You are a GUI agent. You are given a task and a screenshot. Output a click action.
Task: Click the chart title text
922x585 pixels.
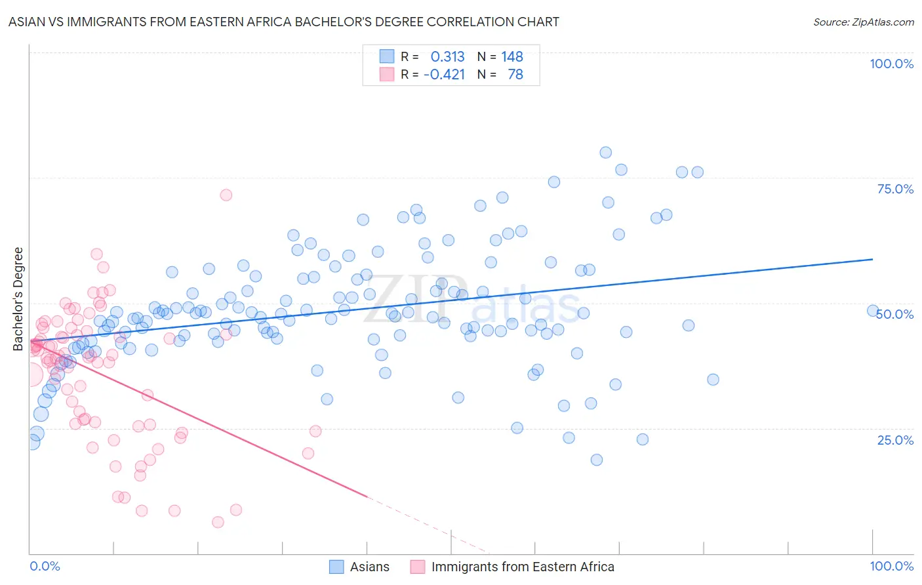point(283,22)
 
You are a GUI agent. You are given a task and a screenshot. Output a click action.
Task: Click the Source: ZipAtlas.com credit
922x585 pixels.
point(863,22)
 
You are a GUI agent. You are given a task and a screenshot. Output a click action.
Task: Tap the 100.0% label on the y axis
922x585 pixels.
point(891,64)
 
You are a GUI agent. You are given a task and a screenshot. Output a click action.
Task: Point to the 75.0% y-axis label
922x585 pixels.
point(895,189)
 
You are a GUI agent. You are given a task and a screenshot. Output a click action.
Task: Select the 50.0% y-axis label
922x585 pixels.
point(895,314)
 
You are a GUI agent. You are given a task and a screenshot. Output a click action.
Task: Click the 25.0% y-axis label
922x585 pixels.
point(895,440)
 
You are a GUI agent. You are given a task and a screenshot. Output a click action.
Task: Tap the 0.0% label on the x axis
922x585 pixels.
point(45,566)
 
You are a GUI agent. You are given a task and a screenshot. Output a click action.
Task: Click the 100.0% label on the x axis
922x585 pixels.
point(891,566)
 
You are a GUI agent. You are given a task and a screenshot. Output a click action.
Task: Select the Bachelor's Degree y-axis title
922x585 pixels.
point(18,299)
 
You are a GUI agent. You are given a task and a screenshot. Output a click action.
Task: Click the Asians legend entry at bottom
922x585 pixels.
point(369,567)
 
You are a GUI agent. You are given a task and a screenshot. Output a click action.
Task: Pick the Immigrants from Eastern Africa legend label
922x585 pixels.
point(523,567)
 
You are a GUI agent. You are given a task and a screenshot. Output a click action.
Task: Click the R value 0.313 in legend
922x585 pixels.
point(447,56)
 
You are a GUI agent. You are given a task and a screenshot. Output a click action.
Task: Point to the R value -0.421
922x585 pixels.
point(444,74)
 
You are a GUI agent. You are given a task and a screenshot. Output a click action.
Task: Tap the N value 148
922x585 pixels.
point(512,56)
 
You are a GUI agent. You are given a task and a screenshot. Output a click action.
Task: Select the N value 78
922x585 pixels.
point(515,74)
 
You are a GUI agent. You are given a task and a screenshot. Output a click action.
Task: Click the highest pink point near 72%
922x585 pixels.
point(226,195)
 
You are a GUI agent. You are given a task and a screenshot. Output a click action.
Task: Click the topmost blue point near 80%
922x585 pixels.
point(605,153)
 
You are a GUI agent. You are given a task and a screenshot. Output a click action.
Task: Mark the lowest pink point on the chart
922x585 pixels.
point(218,522)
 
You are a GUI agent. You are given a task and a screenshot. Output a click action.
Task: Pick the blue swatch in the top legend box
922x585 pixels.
point(387,56)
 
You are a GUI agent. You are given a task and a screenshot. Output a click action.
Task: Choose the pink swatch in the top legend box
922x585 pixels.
point(387,74)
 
